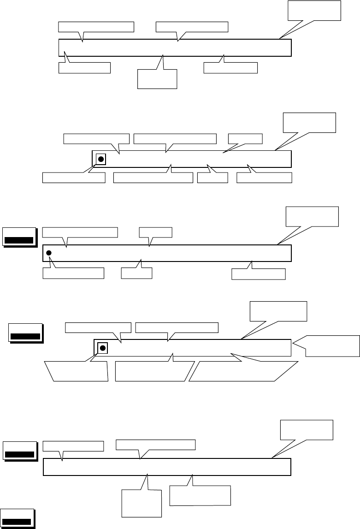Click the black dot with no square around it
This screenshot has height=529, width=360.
[x=49, y=253]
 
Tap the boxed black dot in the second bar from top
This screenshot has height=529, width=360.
[x=101, y=160]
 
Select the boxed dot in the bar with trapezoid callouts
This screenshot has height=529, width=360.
[x=103, y=347]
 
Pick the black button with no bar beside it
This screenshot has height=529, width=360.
[x=18, y=519]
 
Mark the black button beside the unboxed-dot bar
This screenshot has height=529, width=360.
[x=19, y=237]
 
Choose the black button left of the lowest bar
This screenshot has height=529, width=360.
[x=19, y=451]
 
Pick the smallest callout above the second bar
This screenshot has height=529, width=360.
[x=245, y=138]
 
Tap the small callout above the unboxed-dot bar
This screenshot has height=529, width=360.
[x=155, y=232]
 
